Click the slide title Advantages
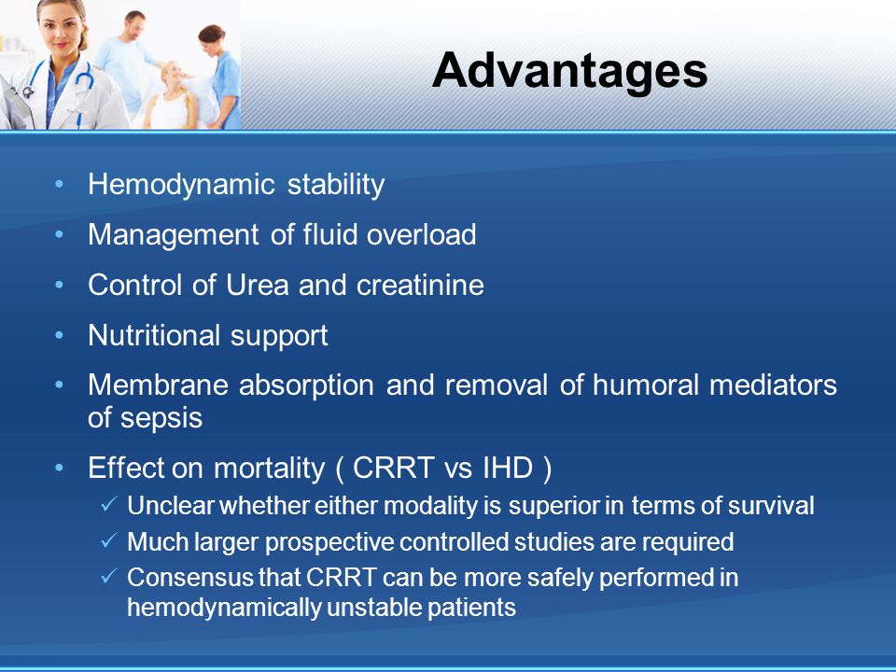point(569,71)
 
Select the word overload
point(421,234)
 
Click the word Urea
point(258,285)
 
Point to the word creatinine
point(420,285)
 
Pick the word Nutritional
point(154,335)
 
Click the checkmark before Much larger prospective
point(109,540)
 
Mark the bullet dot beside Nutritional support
point(59,335)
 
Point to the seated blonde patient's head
point(172,73)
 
